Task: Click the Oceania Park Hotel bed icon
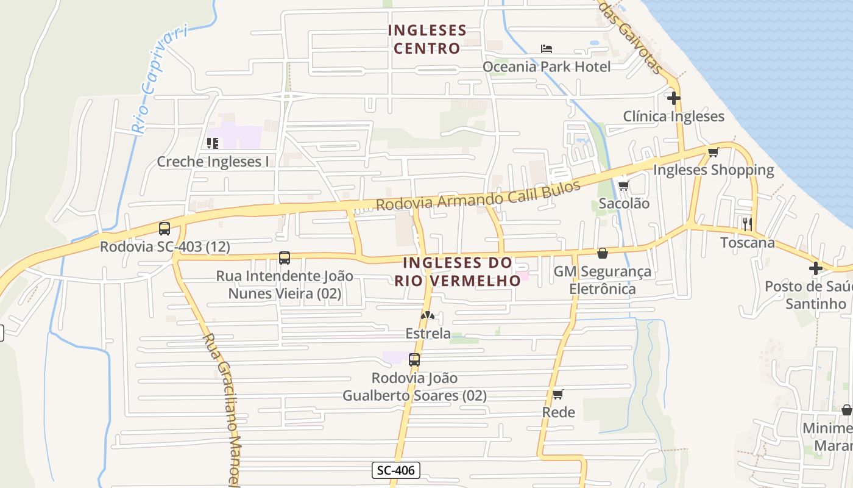tap(546, 49)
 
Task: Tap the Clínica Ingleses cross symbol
tap(673, 98)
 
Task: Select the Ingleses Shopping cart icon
tap(713, 152)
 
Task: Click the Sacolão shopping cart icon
tap(623, 185)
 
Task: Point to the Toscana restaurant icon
tap(748, 224)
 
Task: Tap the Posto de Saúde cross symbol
tap(815, 268)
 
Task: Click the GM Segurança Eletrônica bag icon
tap(603, 253)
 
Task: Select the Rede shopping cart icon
tap(557, 394)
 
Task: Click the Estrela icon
tap(428, 316)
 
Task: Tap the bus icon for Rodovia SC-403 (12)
tap(165, 229)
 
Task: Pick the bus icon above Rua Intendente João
tap(285, 258)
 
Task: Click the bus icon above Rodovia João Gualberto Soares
tap(414, 360)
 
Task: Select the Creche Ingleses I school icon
tap(213, 143)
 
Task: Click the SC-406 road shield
tap(396, 470)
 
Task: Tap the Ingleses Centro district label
tap(427, 39)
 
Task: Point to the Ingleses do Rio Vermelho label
tap(458, 271)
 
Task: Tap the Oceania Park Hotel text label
tap(546, 66)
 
